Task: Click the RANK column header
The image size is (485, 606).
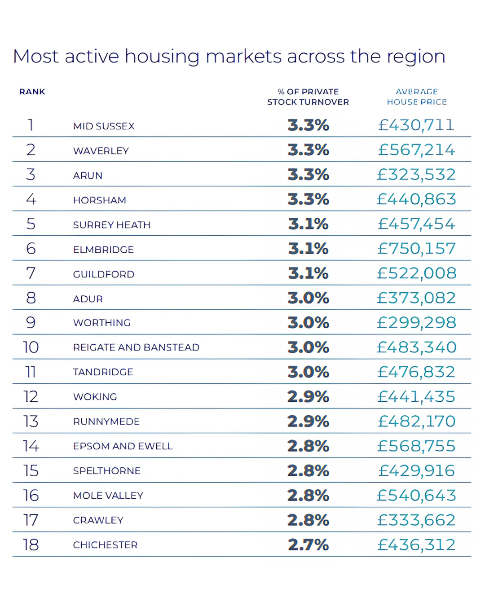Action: coord(32,92)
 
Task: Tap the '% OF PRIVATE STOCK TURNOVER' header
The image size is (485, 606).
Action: coord(308,97)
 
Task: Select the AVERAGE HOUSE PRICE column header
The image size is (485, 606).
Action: coord(417,97)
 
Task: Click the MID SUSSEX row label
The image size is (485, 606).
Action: coord(104,126)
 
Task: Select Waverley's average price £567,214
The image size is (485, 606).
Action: coord(417,149)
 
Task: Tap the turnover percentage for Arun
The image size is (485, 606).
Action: coord(309,174)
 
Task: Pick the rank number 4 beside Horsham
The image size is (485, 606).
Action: coord(31,199)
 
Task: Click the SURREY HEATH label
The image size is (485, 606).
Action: coord(112,225)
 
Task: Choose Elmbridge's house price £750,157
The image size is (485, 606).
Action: coord(417,248)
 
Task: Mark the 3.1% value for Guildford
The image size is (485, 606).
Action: coord(309,273)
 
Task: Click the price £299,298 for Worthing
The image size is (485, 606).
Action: coord(417,322)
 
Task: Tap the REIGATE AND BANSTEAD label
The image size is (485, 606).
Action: coord(136,347)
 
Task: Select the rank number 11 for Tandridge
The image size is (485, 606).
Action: coord(31,372)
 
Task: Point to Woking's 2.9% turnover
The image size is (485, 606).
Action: coord(309,396)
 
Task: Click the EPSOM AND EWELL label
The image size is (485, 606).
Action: coord(123,446)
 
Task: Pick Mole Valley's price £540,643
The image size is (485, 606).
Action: coord(417,496)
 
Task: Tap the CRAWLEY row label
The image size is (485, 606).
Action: coord(98,520)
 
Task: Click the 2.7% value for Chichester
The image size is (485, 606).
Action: coord(309,545)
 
